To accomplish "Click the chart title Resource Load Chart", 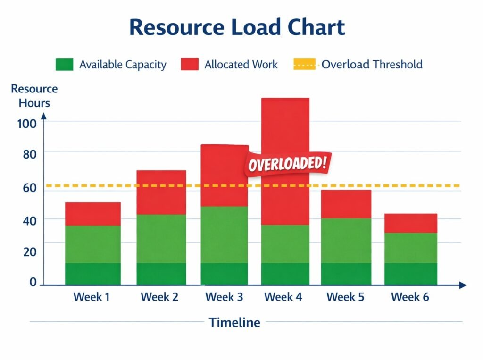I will [237, 27].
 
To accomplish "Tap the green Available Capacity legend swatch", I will [64, 65].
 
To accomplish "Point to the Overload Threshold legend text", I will [372, 65].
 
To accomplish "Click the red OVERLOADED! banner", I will [287, 164].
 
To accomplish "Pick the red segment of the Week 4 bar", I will [285, 132].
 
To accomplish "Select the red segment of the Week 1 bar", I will [92, 214].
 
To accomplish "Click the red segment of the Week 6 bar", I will [410, 223].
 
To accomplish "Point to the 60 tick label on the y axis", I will [26, 188].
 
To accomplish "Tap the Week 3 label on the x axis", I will [224, 297].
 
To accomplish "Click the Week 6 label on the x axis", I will [410, 297].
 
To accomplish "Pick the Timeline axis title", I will [234, 323].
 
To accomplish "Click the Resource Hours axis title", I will [34, 95].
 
